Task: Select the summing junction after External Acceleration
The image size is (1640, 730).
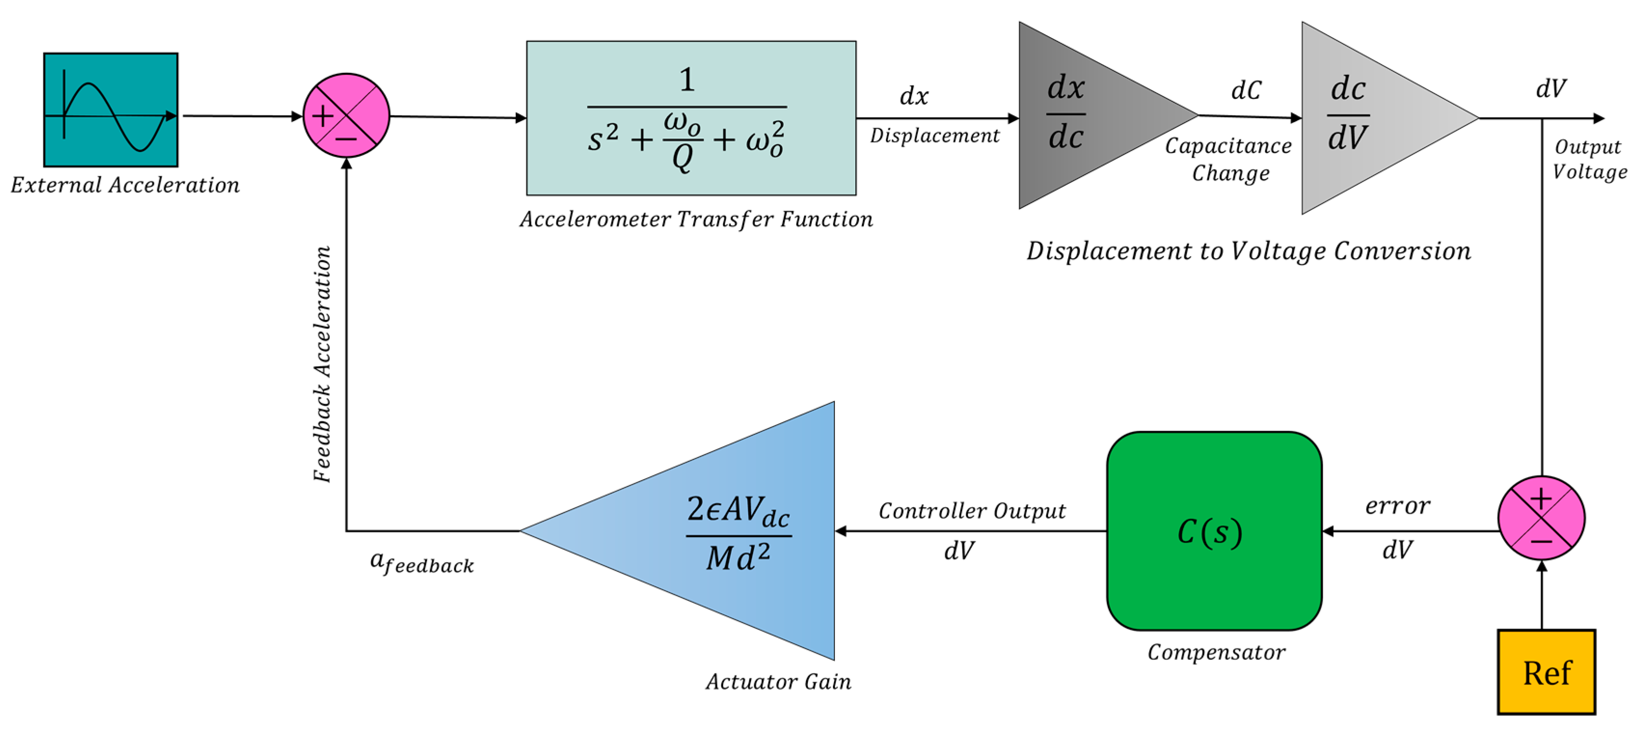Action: coord(346,116)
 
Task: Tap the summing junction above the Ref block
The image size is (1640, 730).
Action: coord(1541,517)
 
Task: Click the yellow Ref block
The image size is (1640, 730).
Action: coord(1546,672)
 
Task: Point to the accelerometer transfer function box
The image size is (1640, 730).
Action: coord(691,118)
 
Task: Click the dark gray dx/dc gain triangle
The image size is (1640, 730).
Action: coord(1082,116)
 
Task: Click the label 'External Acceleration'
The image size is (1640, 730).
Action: coord(125,185)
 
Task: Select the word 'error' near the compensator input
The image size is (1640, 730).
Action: coord(1398,506)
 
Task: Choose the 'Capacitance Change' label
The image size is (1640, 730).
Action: coord(1229,159)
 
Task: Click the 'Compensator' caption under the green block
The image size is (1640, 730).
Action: coord(1216,652)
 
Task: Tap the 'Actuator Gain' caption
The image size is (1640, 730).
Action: coord(778,682)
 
